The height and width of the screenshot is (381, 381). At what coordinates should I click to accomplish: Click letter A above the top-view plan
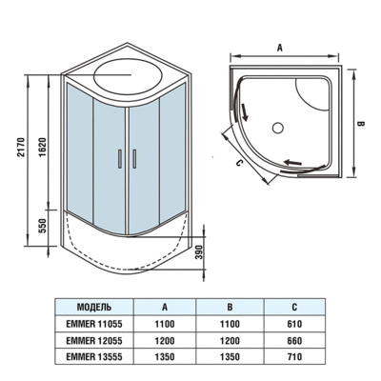coord(280,45)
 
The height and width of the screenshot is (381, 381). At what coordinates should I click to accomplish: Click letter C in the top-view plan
coord(240,161)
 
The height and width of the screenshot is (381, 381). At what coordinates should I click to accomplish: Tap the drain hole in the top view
coord(279,125)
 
